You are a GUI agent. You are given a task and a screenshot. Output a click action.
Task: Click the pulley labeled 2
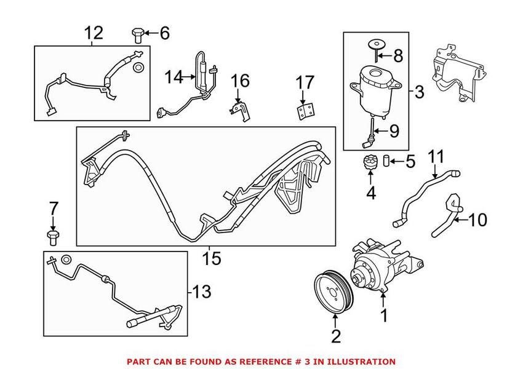[x=332, y=291]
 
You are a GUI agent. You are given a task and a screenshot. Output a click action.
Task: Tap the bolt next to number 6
[x=137, y=34]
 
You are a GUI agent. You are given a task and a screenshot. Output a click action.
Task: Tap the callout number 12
[x=94, y=33]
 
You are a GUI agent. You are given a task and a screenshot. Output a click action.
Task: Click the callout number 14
[x=174, y=77]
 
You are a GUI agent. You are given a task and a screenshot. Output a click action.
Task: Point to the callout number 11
[x=435, y=157]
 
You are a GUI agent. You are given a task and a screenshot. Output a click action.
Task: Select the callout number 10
[x=477, y=218]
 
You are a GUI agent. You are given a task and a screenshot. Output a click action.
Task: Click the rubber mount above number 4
[x=370, y=165]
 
